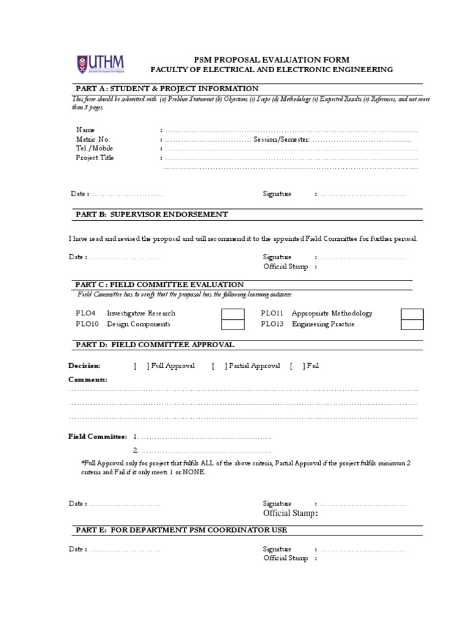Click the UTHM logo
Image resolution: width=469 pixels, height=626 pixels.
pos(100,63)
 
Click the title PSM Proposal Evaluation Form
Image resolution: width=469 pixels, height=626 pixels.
pos(271,59)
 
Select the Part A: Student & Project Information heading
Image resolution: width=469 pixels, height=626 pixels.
pos(166,88)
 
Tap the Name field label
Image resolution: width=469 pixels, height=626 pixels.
pos(86,130)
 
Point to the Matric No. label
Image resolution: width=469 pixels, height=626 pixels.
pos(93,139)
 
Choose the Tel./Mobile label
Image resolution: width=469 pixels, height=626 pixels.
pos(95,148)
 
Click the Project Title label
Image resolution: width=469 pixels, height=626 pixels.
pos(95,158)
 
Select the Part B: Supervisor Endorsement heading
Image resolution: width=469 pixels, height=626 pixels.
pos(151,214)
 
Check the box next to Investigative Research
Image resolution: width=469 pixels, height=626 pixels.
pos(231,314)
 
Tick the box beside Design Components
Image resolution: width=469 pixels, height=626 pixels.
pos(231,325)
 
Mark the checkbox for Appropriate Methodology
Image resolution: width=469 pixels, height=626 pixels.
pos(412,314)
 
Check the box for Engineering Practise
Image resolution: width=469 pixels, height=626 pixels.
pos(412,325)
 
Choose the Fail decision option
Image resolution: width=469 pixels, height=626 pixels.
pos(313,366)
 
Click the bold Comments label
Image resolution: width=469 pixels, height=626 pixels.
pos(87,380)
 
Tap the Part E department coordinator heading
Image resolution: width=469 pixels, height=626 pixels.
pos(181,529)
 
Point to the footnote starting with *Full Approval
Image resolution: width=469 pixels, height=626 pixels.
pos(245,468)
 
